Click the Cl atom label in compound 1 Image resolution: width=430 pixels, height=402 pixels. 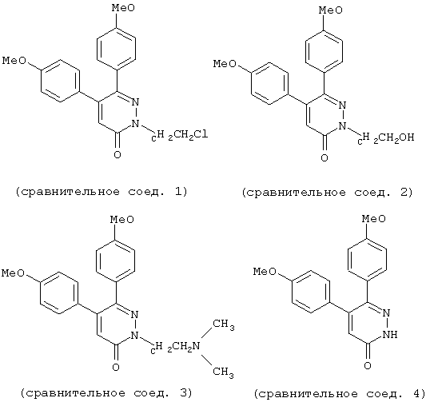click(201, 134)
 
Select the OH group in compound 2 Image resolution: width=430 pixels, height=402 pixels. click(407, 137)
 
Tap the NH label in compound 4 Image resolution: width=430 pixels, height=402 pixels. click(390, 334)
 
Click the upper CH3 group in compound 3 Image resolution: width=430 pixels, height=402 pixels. click(224, 324)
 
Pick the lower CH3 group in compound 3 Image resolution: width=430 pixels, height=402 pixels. click(224, 372)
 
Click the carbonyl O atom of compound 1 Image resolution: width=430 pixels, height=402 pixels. click(117, 154)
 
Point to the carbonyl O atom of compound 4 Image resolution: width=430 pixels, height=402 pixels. click(368, 365)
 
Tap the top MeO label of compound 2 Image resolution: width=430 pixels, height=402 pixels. click(331, 10)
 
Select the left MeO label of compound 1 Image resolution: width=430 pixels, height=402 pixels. click(14, 61)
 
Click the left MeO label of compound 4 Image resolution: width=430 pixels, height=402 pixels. click(265, 272)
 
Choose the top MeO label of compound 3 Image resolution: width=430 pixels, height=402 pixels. click(122, 220)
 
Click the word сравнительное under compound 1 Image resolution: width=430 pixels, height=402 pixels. click(70, 192)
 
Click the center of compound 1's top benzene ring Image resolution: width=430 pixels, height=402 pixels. click(116, 48)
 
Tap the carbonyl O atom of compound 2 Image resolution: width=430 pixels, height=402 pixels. click(324, 157)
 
